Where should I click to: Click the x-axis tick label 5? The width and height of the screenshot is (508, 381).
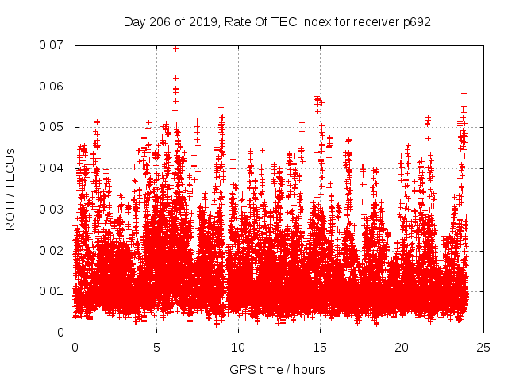pyautogui.click(x=156, y=348)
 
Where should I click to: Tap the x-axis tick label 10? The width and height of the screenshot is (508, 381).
pyautogui.click(x=238, y=348)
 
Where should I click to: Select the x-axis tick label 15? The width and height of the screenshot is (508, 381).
pyautogui.click(x=320, y=348)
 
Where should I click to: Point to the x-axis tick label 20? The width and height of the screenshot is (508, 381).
pyautogui.click(x=402, y=348)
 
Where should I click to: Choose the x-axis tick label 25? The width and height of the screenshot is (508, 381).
pyautogui.click(x=483, y=348)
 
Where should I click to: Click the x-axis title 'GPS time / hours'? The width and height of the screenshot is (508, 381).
pyautogui.click(x=277, y=369)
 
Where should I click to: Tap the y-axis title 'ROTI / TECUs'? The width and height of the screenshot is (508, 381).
pyautogui.click(x=11, y=189)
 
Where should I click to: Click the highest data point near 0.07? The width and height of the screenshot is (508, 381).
pyautogui.click(x=175, y=48)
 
